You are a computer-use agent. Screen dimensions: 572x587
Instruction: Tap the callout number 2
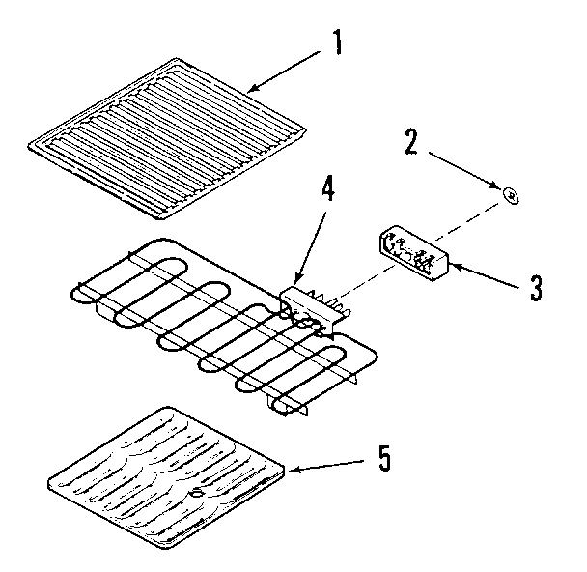click(412, 141)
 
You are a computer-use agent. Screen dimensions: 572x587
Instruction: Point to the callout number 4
click(328, 189)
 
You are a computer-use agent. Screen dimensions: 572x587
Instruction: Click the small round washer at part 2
click(511, 196)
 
